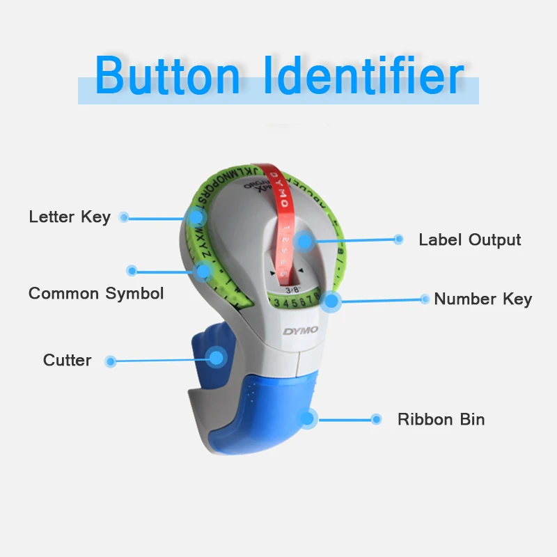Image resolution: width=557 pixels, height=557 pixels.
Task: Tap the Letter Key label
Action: pos(70,217)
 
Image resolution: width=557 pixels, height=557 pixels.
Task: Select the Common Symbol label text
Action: pos(96,293)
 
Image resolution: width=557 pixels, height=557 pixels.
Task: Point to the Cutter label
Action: pos(67,360)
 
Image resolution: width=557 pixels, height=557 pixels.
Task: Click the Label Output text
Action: pos(469,240)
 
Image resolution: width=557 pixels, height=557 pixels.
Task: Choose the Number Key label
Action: pos(483,299)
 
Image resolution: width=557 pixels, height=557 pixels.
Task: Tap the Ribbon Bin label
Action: pos(441,419)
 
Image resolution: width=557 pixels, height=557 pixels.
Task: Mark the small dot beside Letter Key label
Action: pos(124,217)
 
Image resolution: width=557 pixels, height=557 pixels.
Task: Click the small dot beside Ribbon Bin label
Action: pos(376,419)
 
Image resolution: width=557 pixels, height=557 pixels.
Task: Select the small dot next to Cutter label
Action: pos(109,361)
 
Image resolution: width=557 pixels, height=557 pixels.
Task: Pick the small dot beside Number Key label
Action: pos(425,299)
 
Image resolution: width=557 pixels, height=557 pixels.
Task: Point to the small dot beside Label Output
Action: pos(398,240)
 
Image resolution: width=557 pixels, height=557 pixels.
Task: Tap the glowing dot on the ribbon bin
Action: pos(307,418)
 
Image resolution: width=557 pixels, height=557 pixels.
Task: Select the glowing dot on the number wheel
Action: pos(331,301)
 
